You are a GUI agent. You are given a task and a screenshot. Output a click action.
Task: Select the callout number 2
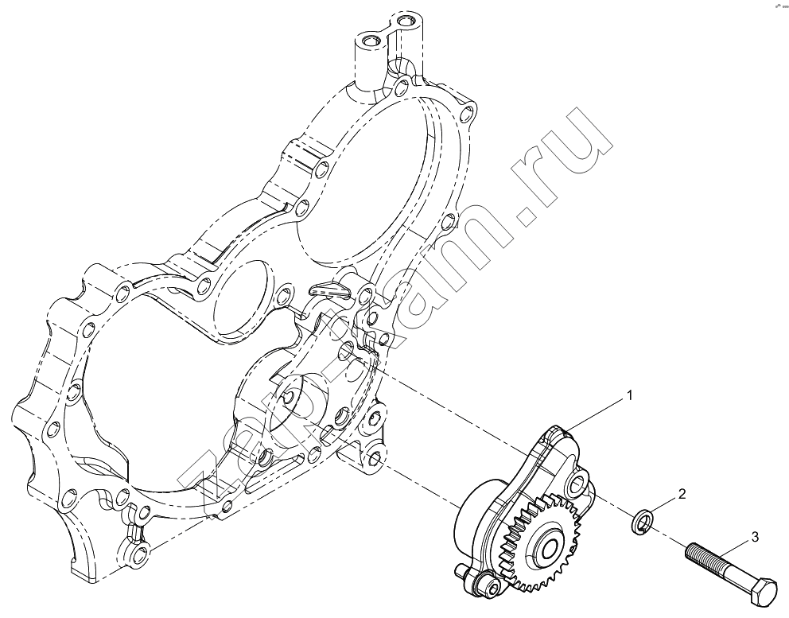682,494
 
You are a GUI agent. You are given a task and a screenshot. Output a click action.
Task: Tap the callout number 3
755,538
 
